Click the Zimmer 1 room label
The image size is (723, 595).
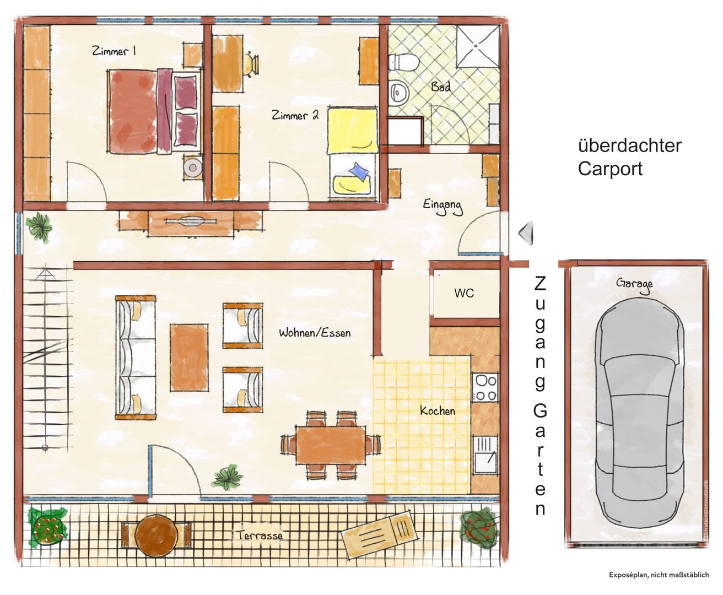coord(114,51)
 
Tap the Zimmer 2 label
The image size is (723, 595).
coord(295,115)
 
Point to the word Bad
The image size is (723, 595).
coord(441,86)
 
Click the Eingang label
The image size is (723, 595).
coord(443,207)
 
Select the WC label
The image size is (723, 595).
coord(464,293)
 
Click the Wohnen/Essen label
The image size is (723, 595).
coord(315,332)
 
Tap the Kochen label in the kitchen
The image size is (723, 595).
coord(438,410)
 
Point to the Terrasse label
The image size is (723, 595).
coord(260,535)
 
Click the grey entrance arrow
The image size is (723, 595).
coord(526,233)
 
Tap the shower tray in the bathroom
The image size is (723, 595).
coord(478,46)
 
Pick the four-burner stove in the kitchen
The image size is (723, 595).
coord(485,387)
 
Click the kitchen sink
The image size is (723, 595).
coord(486,455)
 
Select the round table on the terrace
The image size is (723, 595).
coord(157,537)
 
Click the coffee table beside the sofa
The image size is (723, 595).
coord(189,358)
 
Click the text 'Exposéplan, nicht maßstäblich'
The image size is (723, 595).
coord(659,575)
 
